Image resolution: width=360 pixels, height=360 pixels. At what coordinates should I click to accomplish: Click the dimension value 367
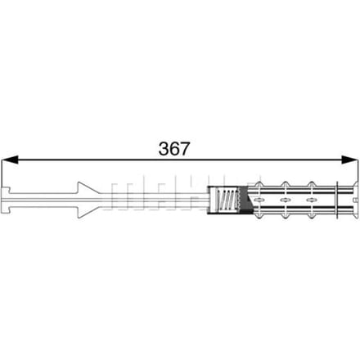pos(173,149)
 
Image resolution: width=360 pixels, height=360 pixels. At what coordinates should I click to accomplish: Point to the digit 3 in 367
pos(164,149)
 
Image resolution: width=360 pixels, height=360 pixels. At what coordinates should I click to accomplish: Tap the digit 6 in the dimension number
pos(173,149)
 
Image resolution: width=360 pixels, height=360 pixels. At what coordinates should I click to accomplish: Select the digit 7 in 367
pos(184,149)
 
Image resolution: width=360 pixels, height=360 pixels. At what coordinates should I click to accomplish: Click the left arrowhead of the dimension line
pos(10,160)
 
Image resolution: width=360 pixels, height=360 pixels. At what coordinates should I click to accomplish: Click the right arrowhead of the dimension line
pos(349,160)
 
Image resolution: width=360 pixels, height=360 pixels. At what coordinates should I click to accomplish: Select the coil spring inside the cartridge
pos(227,200)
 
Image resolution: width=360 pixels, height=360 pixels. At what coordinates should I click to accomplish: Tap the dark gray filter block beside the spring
pos(245,200)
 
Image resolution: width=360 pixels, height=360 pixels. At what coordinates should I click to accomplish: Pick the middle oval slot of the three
pos(285,200)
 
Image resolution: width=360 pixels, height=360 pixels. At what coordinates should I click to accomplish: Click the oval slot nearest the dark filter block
pos(259,200)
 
